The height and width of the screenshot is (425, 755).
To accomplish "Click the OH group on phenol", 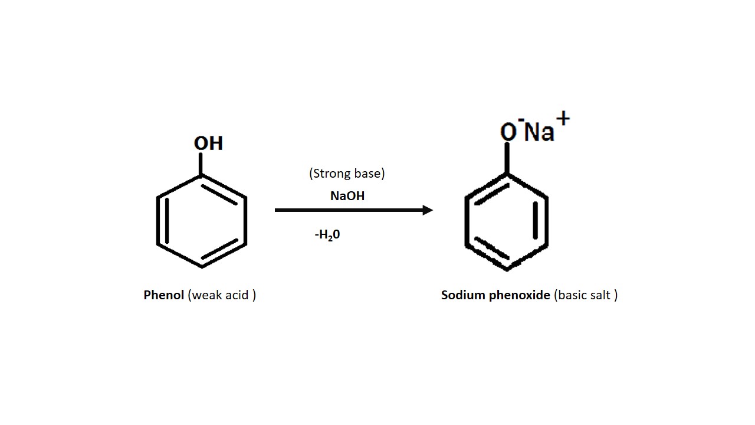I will click(208, 143).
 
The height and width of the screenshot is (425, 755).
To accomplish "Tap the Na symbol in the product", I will click(539, 132).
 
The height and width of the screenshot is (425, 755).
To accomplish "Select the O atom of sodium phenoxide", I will click(508, 132).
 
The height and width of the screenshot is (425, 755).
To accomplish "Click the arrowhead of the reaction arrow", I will click(428, 210).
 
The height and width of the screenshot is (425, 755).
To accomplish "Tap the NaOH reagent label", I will click(347, 196).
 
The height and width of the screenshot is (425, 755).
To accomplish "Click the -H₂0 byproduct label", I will click(327, 235).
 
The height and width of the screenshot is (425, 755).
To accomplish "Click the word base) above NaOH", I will click(369, 174).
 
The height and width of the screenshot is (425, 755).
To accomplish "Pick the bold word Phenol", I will click(164, 295).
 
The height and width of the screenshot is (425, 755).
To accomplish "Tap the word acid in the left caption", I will click(237, 295).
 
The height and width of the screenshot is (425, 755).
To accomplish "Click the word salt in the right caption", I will click(601, 295).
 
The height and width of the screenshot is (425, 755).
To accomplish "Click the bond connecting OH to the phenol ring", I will click(202, 164).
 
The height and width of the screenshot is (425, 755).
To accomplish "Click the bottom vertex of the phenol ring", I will click(202, 267).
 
